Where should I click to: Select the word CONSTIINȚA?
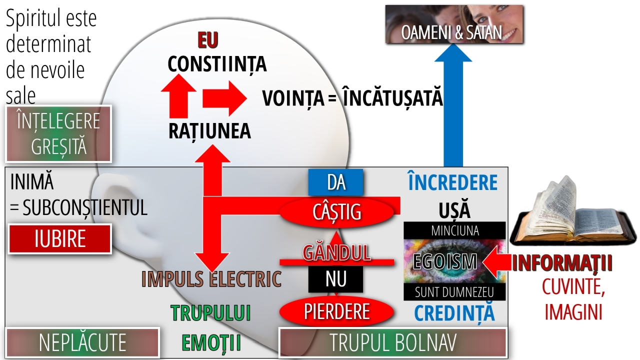(x=217, y=64)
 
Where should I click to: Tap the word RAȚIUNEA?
(x=209, y=131)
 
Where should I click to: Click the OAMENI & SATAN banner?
(x=454, y=24)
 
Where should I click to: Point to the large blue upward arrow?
(x=453, y=105)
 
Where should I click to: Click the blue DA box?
(x=335, y=182)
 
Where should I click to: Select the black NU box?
(x=335, y=279)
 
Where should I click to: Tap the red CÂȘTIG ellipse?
(x=336, y=212)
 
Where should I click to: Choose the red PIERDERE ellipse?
(x=336, y=311)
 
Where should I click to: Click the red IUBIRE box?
(x=60, y=239)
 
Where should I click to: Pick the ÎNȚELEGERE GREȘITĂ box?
(x=58, y=133)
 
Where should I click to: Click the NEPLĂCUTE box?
(x=82, y=342)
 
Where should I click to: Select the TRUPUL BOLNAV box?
(x=393, y=342)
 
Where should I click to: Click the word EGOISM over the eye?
(x=445, y=261)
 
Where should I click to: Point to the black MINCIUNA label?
(x=454, y=230)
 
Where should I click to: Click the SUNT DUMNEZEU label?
(x=454, y=292)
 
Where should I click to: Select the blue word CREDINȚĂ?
(x=454, y=313)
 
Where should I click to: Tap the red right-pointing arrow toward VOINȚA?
(x=224, y=99)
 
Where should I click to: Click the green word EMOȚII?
(x=211, y=342)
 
